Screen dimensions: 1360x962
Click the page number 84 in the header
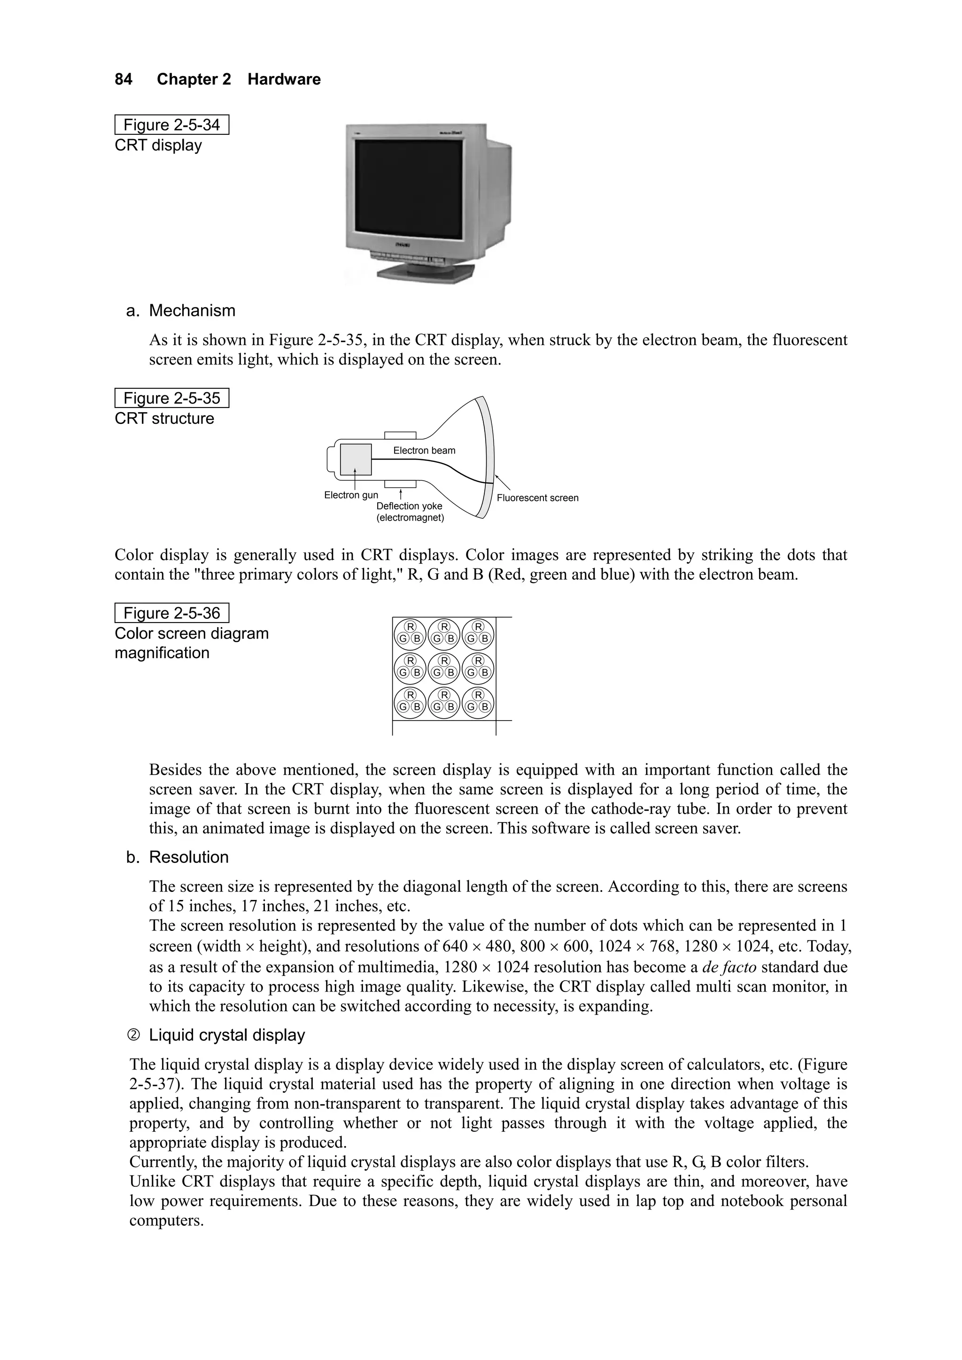123,79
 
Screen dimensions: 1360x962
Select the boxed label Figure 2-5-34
171,125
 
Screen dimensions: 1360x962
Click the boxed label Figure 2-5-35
171,398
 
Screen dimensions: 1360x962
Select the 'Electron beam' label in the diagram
424,450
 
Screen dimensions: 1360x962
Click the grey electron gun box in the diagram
356,459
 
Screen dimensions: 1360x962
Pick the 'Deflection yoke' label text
409,507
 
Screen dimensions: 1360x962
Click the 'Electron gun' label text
351,495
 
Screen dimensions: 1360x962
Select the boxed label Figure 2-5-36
171,613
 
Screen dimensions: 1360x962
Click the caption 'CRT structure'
164,419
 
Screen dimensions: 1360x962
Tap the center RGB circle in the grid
444,668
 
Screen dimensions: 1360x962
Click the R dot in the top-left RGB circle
410,627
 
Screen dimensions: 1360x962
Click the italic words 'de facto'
729,967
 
